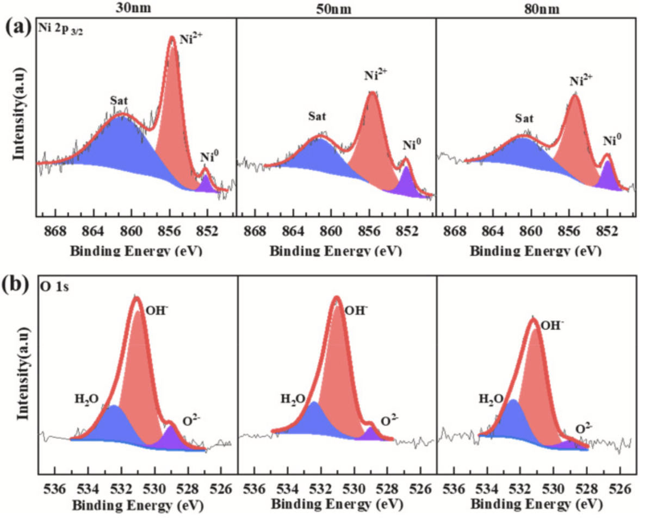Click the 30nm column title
tap(133, 8)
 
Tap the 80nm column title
tap(535, 8)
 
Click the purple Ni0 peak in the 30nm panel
tap(206, 184)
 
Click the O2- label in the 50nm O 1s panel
tap(389, 420)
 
